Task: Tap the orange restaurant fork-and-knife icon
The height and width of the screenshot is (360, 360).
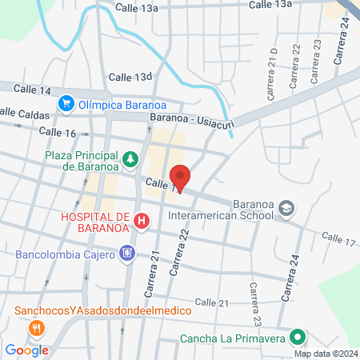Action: point(35,328)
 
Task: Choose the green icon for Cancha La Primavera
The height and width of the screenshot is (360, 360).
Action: point(297,338)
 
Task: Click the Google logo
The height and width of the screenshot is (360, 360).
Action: point(26,350)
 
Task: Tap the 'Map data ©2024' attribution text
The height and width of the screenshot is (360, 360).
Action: point(325,354)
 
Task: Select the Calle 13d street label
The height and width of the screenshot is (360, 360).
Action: point(130,77)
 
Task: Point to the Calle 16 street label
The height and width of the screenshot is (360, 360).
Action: point(57,132)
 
